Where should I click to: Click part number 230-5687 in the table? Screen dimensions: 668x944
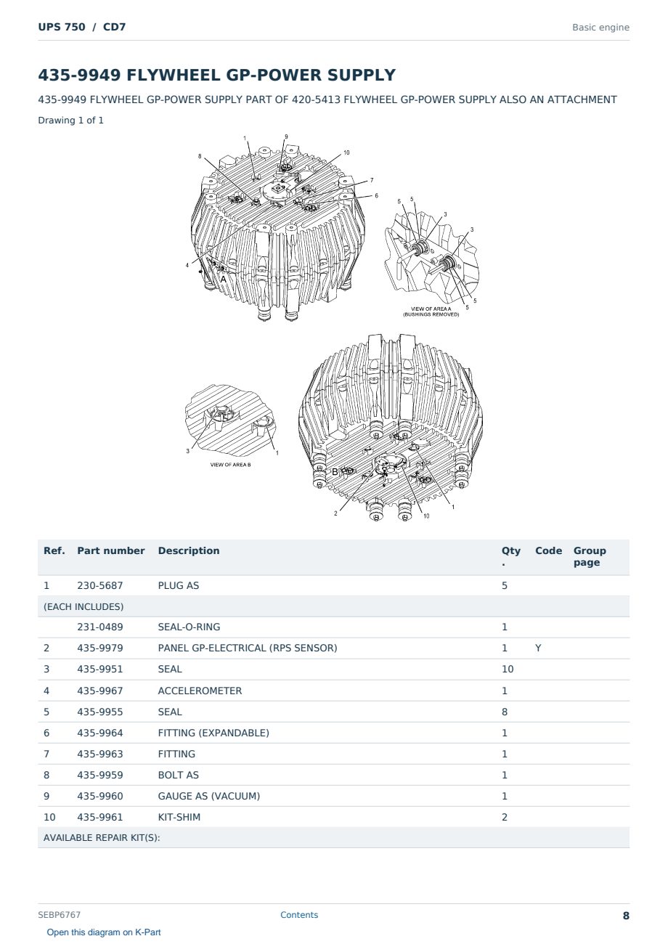tap(100, 585)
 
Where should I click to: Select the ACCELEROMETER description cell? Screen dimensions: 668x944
tap(200, 691)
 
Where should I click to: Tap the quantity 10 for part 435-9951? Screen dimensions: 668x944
tap(508, 669)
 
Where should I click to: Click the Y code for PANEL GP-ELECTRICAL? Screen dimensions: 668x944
tap(538, 648)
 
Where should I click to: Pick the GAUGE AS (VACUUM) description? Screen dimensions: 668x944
tap(209, 796)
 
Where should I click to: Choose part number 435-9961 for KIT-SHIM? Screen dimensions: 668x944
tap(100, 817)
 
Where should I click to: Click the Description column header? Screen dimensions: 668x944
tap(189, 550)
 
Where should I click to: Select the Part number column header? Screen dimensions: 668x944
tap(111, 550)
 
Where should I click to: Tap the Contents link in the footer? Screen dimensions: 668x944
tap(299, 915)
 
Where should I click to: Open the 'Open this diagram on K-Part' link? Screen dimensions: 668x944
tap(104, 932)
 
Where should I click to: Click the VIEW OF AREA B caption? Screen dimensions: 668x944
tap(231, 465)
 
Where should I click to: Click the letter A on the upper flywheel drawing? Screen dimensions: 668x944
tap(224, 279)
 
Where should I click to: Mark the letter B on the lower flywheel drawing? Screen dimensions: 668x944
tap(335, 472)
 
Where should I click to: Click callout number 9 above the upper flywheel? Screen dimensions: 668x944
tap(286, 137)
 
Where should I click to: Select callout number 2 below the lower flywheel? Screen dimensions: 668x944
tap(335, 513)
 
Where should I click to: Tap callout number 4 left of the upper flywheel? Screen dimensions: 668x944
tap(187, 266)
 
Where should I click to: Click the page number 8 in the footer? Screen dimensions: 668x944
tap(626, 916)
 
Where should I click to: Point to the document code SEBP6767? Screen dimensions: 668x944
tap(59, 915)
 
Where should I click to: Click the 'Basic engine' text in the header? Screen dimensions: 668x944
tap(600, 28)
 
